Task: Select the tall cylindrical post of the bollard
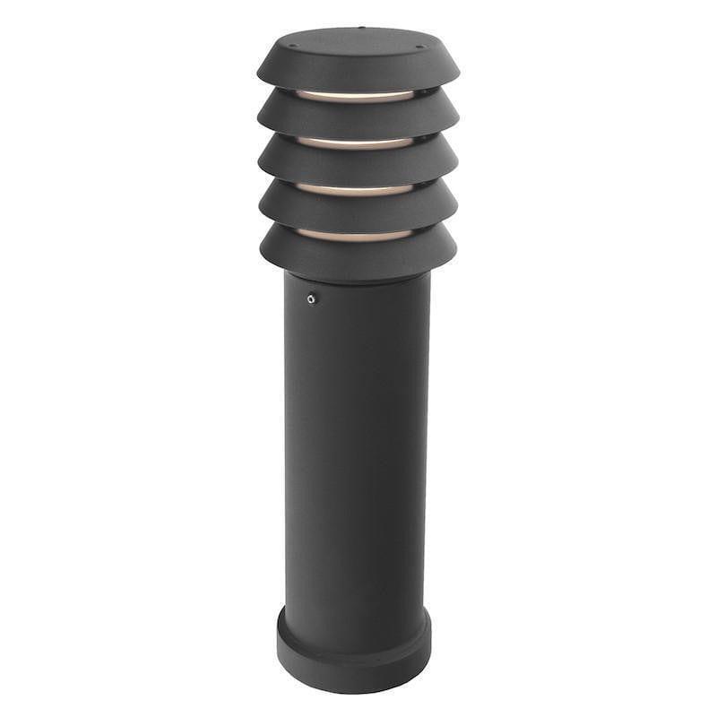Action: coord(357,448)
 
